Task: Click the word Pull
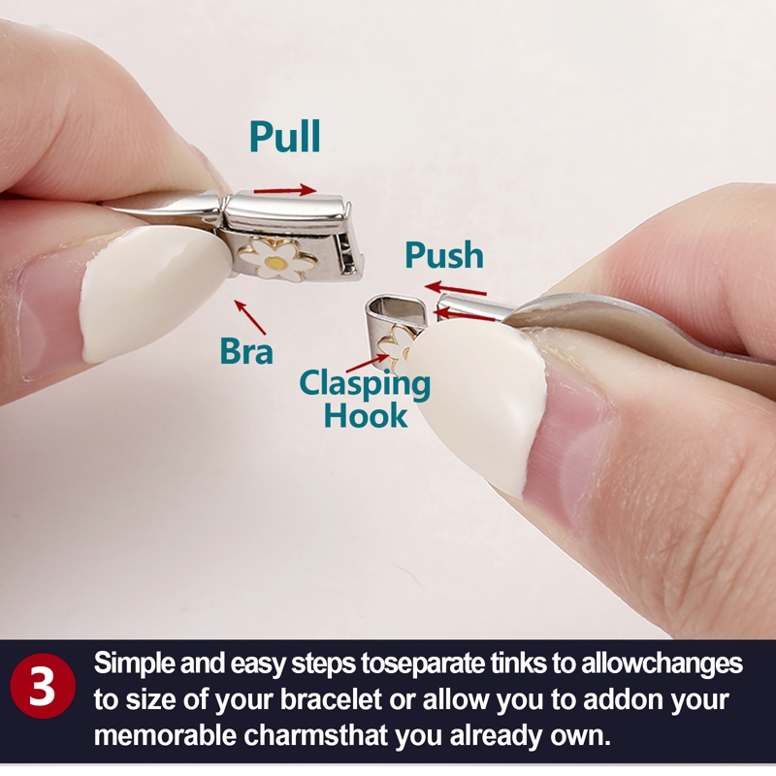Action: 285,136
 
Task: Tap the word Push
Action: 444,255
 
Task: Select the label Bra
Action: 246,351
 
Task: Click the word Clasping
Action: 365,384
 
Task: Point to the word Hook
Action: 366,416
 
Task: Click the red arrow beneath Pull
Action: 284,190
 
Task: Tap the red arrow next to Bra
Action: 250,317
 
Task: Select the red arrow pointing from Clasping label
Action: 368,363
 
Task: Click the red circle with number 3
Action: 43,686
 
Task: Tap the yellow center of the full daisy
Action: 275,261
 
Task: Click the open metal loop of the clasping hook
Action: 394,307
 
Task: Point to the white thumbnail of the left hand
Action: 148,292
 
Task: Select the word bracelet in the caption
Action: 331,699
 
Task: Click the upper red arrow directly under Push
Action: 455,288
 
